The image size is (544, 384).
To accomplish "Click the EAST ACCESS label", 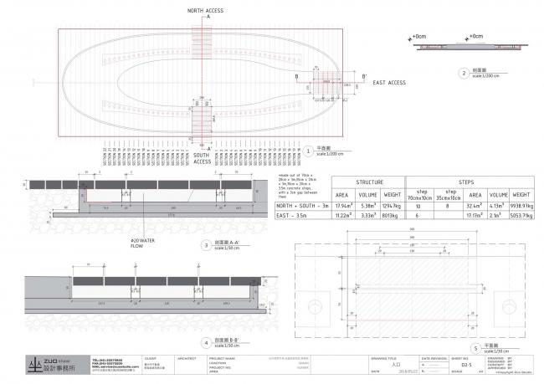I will (x=389, y=83).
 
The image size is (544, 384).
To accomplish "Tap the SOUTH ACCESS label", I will (x=201, y=159).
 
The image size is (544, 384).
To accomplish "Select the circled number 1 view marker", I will (x=308, y=151).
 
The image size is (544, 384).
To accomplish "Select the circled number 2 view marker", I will (x=464, y=73).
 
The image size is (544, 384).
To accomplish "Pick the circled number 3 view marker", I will (x=207, y=245).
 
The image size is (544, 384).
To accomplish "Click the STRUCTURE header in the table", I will (x=369, y=181).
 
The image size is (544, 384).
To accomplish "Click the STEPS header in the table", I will (x=466, y=181).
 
